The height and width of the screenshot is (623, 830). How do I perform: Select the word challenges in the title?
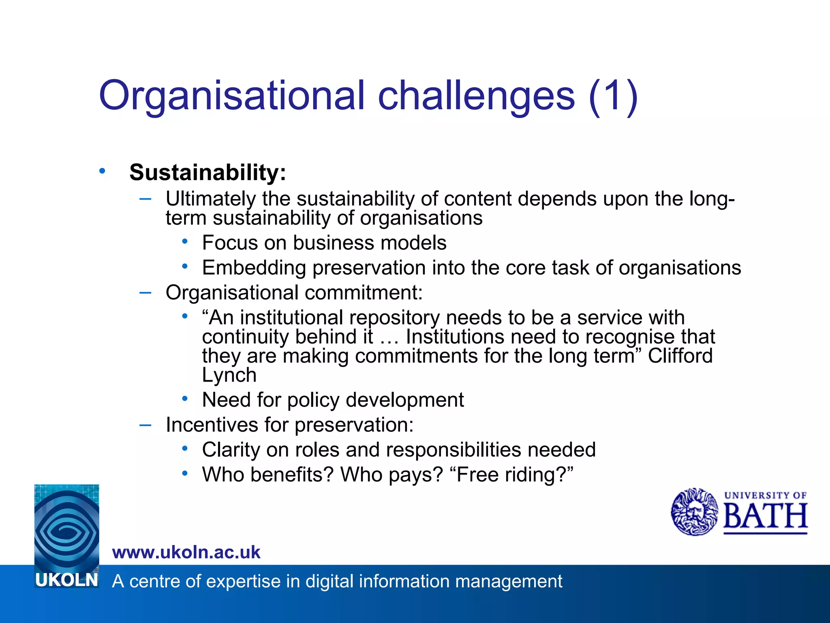click(x=476, y=97)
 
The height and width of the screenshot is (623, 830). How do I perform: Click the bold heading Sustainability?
click(x=207, y=172)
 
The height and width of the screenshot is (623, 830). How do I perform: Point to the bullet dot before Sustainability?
click(x=102, y=171)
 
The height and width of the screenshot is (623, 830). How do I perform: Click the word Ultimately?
click(x=210, y=199)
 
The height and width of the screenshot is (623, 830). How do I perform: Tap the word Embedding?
click(x=254, y=268)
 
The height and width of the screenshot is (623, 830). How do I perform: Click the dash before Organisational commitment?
click(x=145, y=292)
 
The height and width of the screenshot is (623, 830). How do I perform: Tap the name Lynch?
click(x=229, y=375)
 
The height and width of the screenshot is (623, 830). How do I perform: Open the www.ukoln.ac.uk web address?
click(x=186, y=552)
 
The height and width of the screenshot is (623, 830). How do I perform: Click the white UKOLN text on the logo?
click(x=67, y=580)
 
